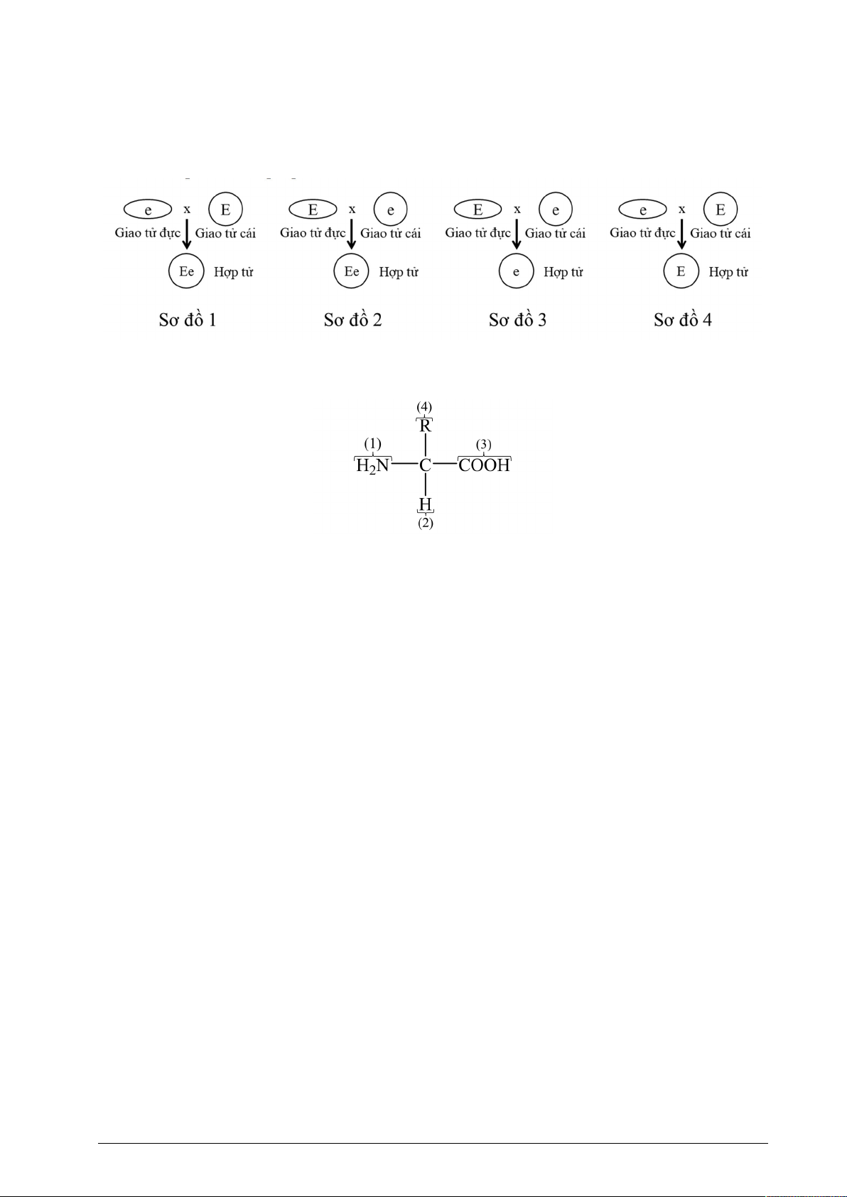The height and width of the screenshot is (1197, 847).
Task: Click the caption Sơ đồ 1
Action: coord(188,320)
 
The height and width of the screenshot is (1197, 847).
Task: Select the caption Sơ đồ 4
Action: coord(683,320)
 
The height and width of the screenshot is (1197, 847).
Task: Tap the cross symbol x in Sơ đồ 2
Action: coord(352,210)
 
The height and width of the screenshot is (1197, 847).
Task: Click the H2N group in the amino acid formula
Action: coord(372,466)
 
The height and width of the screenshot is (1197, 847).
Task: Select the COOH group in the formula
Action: coord(484,465)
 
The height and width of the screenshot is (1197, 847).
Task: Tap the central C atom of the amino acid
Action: coord(425,465)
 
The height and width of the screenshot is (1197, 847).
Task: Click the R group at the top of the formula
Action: coord(425,426)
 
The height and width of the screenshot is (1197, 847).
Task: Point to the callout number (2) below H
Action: coord(426,523)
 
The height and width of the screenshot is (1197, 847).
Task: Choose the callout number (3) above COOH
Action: coord(484,445)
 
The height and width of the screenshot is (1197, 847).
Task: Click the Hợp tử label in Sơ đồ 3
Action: coord(563,272)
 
